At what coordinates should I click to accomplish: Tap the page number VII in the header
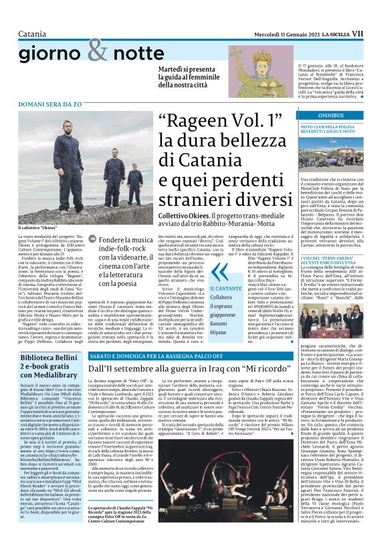click(375, 33)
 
